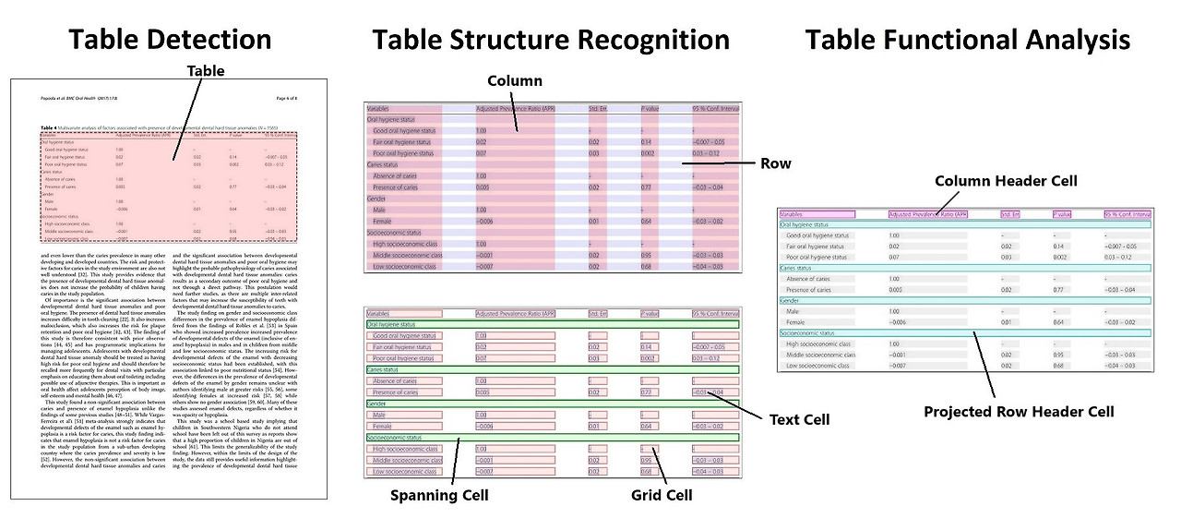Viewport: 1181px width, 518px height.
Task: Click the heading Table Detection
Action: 170,40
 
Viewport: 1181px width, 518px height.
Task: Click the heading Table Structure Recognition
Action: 551,40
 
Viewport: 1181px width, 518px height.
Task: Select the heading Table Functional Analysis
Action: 967,40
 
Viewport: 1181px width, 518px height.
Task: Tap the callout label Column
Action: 515,81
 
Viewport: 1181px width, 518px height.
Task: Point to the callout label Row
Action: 775,163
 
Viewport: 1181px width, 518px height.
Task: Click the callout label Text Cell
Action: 799,419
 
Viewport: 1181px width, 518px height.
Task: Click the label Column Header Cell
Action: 1006,181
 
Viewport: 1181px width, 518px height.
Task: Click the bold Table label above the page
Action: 206,70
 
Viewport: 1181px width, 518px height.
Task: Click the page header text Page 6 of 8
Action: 294,97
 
